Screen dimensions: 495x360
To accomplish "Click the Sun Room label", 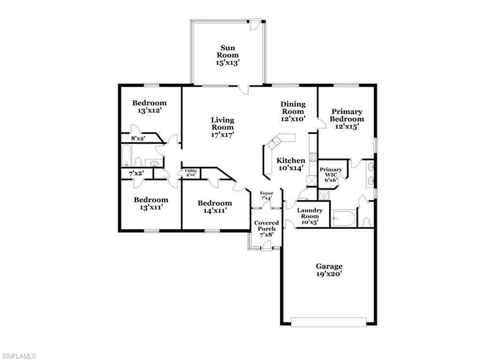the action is [227, 55].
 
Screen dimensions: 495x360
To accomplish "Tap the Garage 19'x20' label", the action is [329, 270].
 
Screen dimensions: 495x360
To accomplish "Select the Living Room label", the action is [222, 127].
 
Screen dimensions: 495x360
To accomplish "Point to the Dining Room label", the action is [293, 111].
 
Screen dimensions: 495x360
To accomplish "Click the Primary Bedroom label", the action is [347, 119].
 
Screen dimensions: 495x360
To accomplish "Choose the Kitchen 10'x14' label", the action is [291, 164].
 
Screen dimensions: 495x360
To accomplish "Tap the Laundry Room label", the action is [310, 216].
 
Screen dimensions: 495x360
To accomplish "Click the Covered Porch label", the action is [266, 229].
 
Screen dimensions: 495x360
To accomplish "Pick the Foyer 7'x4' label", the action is [266, 195].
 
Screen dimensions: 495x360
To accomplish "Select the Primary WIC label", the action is [331, 175].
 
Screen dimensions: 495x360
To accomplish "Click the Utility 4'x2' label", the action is [190, 173].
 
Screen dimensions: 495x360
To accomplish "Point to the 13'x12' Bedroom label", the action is [149, 106].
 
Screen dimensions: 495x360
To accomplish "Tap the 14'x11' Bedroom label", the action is [215, 207].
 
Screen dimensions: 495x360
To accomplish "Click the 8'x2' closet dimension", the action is [138, 138].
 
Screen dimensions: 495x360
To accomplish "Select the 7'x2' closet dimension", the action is [136, 174].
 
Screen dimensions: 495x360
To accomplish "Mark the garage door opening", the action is [328, 322].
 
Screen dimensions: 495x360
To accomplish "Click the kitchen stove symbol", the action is [313, 157].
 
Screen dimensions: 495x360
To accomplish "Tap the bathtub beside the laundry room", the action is [344, 218].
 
